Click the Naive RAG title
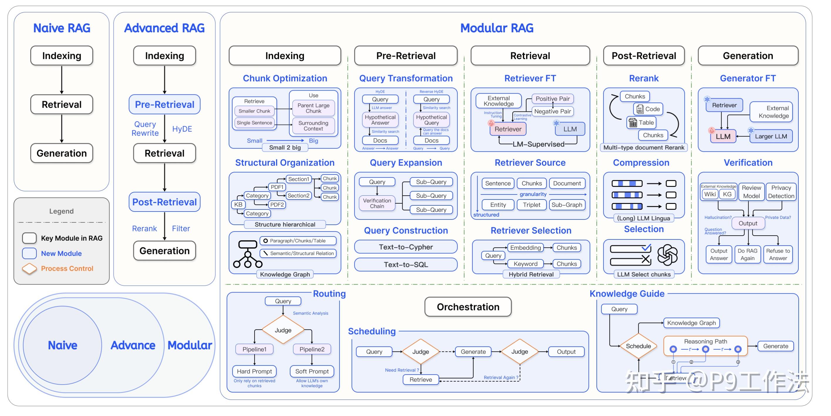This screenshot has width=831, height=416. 62,28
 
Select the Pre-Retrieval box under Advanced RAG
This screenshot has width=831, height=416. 164,104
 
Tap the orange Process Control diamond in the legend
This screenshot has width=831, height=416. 29,268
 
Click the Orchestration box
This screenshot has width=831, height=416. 468,307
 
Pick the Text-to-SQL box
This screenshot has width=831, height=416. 406,265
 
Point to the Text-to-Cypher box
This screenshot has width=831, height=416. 406,247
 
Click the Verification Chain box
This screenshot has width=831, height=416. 377,203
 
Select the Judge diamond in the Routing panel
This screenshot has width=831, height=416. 283,330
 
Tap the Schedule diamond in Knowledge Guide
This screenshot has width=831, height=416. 638,346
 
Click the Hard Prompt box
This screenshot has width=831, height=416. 254,371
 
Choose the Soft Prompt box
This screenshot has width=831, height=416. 312,371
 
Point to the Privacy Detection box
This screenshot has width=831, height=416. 781,192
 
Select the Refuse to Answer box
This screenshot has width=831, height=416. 778,254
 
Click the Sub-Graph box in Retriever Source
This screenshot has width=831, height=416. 566,204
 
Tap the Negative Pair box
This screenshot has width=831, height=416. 552,111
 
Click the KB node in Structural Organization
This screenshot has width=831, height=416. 238,204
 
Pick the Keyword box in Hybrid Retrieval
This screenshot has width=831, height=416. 525,263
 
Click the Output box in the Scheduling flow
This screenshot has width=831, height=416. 566,351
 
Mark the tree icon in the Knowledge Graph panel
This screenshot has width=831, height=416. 248,254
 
